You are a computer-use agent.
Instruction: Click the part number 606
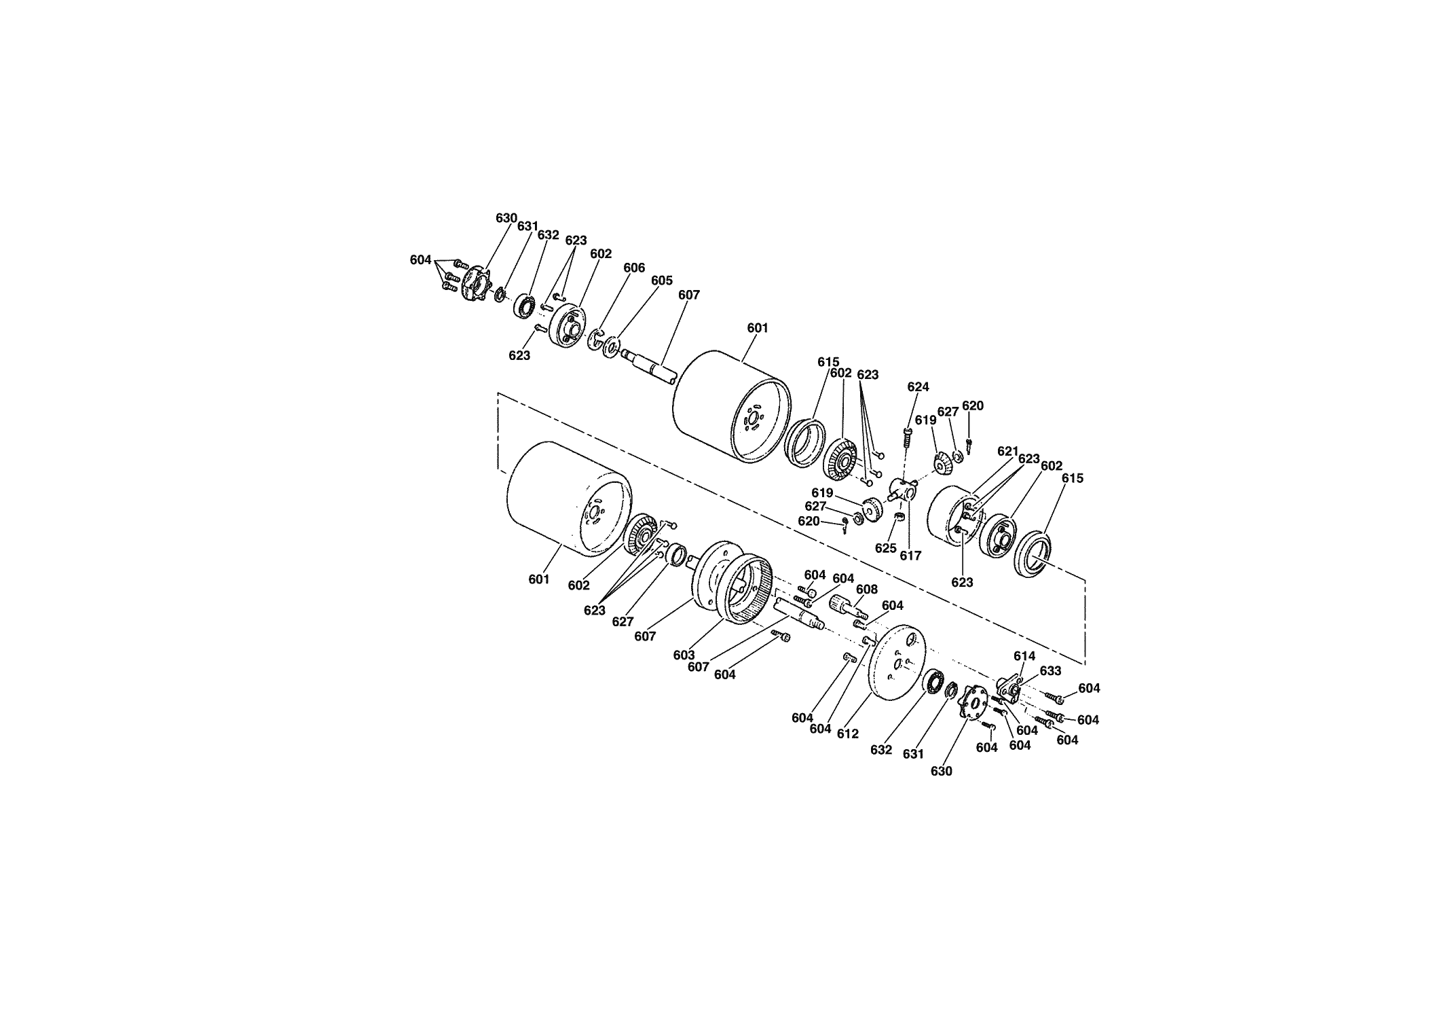click(x=634, y=268)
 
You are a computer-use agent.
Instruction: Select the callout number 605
click(x=662, y=281)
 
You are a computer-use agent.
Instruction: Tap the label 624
click(x=918, y=387)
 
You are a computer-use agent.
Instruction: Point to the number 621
click(x=1008, y=451)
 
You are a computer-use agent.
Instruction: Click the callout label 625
click(x=885, y=548)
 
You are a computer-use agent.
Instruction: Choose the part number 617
click(x=910, y=556)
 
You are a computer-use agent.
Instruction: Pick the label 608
click(x=867, y=590)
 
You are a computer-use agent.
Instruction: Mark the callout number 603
click(x=684, y=655)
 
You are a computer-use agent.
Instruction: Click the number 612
click(x=848, y=734)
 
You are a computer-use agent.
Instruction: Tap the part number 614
click(x=1024, y=656)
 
